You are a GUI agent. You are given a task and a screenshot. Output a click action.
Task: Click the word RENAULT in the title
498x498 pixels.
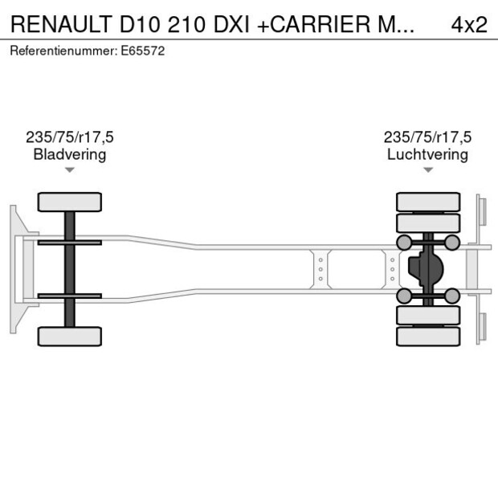[60, 24]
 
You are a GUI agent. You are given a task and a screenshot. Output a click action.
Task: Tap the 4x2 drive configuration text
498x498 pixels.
[469, 24]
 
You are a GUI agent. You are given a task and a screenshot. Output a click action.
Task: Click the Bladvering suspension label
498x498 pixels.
[70, 154]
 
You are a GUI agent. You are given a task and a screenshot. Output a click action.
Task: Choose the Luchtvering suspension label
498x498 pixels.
[427, 154]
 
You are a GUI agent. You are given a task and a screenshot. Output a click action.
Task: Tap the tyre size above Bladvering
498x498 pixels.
[70, 137]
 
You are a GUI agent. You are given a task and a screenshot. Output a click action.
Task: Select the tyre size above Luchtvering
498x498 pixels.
[427, 137]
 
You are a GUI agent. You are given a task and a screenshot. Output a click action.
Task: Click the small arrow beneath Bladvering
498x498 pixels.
[70, 170]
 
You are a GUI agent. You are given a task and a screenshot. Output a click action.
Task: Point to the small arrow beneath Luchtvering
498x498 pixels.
[427, 170]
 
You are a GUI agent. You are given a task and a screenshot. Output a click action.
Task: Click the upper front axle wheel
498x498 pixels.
[70, 202]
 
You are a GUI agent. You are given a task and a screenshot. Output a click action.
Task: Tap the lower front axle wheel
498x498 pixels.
[70, 336]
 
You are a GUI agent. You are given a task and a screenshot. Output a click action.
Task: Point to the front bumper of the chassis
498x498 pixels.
[14, 269]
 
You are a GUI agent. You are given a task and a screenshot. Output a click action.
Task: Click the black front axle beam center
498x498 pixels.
[70, 269]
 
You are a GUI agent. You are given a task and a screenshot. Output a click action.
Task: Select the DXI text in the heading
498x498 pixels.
[227, 24]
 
